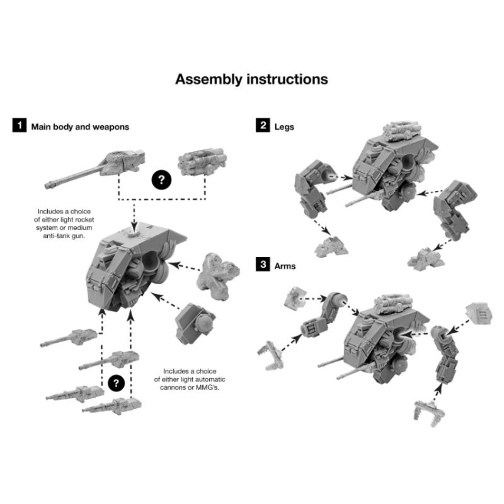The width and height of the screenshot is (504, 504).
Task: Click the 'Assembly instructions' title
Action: coord(251,79)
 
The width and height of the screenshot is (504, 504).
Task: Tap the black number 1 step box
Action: coord(20,125)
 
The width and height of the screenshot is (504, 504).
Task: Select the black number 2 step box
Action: coord(263,125)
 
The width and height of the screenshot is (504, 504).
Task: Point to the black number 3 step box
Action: coord(263,265)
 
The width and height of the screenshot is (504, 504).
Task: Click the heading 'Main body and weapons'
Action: coord(80,127)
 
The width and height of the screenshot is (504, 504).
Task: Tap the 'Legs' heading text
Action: coord(284,127)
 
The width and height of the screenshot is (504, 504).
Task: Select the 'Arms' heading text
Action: coord(285,266)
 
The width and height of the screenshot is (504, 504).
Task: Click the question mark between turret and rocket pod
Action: coord(161,180)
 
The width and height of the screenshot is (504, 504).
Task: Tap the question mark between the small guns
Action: coord(116,383)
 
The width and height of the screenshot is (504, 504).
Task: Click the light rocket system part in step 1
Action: coord(202,162)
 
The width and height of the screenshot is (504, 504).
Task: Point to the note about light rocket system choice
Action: coord(64,224)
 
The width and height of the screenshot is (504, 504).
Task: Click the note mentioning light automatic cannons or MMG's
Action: coord(190,379)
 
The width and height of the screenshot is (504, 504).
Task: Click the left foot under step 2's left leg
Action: coord(331,247)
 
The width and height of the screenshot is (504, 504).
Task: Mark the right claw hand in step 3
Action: coord(429,414)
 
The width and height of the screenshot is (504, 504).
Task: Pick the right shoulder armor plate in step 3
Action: coord(479,314)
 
